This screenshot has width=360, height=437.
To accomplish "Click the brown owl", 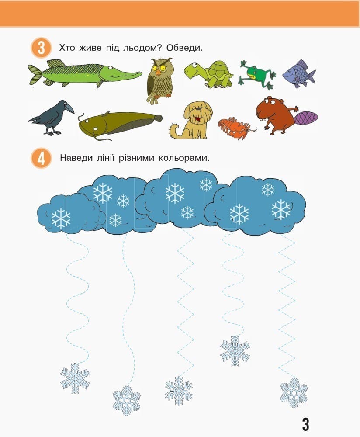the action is pyautogui.click(x=159, y=81).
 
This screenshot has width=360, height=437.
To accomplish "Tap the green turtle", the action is pyautogui.click(x=209, y=74).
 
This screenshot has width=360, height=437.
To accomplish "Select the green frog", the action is pyautogui.click(x=257, y=75).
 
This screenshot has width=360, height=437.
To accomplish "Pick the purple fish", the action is pyautogui.click(x=299, y=74).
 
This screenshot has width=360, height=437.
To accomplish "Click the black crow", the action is pyautogui.click(x=52, y=118).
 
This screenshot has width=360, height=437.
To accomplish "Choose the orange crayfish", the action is pyautogui.click(x=236, y=128).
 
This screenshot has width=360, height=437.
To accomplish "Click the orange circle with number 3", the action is pyautogui.click(x=41, y=48).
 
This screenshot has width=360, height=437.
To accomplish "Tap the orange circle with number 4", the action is pyautogui.click(x=41, y=158).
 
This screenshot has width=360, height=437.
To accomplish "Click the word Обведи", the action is pyautogui.click(x=184, y=48).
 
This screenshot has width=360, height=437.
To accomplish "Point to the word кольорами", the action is pyautogui.click(x=184, y=158).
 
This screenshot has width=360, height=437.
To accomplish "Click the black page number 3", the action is pyautogui.click(x=305, y=424).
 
